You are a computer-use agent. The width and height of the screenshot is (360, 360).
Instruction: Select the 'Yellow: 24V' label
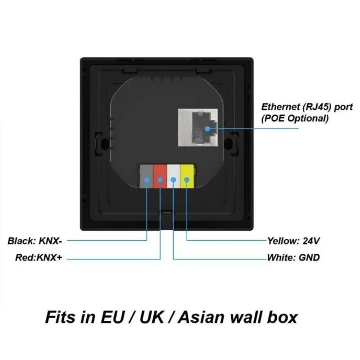pos(293,241)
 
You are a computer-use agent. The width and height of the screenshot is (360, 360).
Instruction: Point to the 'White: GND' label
pos(293,258)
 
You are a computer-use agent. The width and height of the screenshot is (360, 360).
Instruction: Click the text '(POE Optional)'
pos(295,118)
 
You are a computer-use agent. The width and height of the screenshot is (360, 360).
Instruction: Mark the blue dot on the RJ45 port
pos(208,128)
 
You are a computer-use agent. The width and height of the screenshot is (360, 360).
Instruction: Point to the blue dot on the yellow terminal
pos(186,180)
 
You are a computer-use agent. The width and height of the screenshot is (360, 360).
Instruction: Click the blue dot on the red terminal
pos(160,180)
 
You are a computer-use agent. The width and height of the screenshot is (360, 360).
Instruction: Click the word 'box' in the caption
pos(283,317)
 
